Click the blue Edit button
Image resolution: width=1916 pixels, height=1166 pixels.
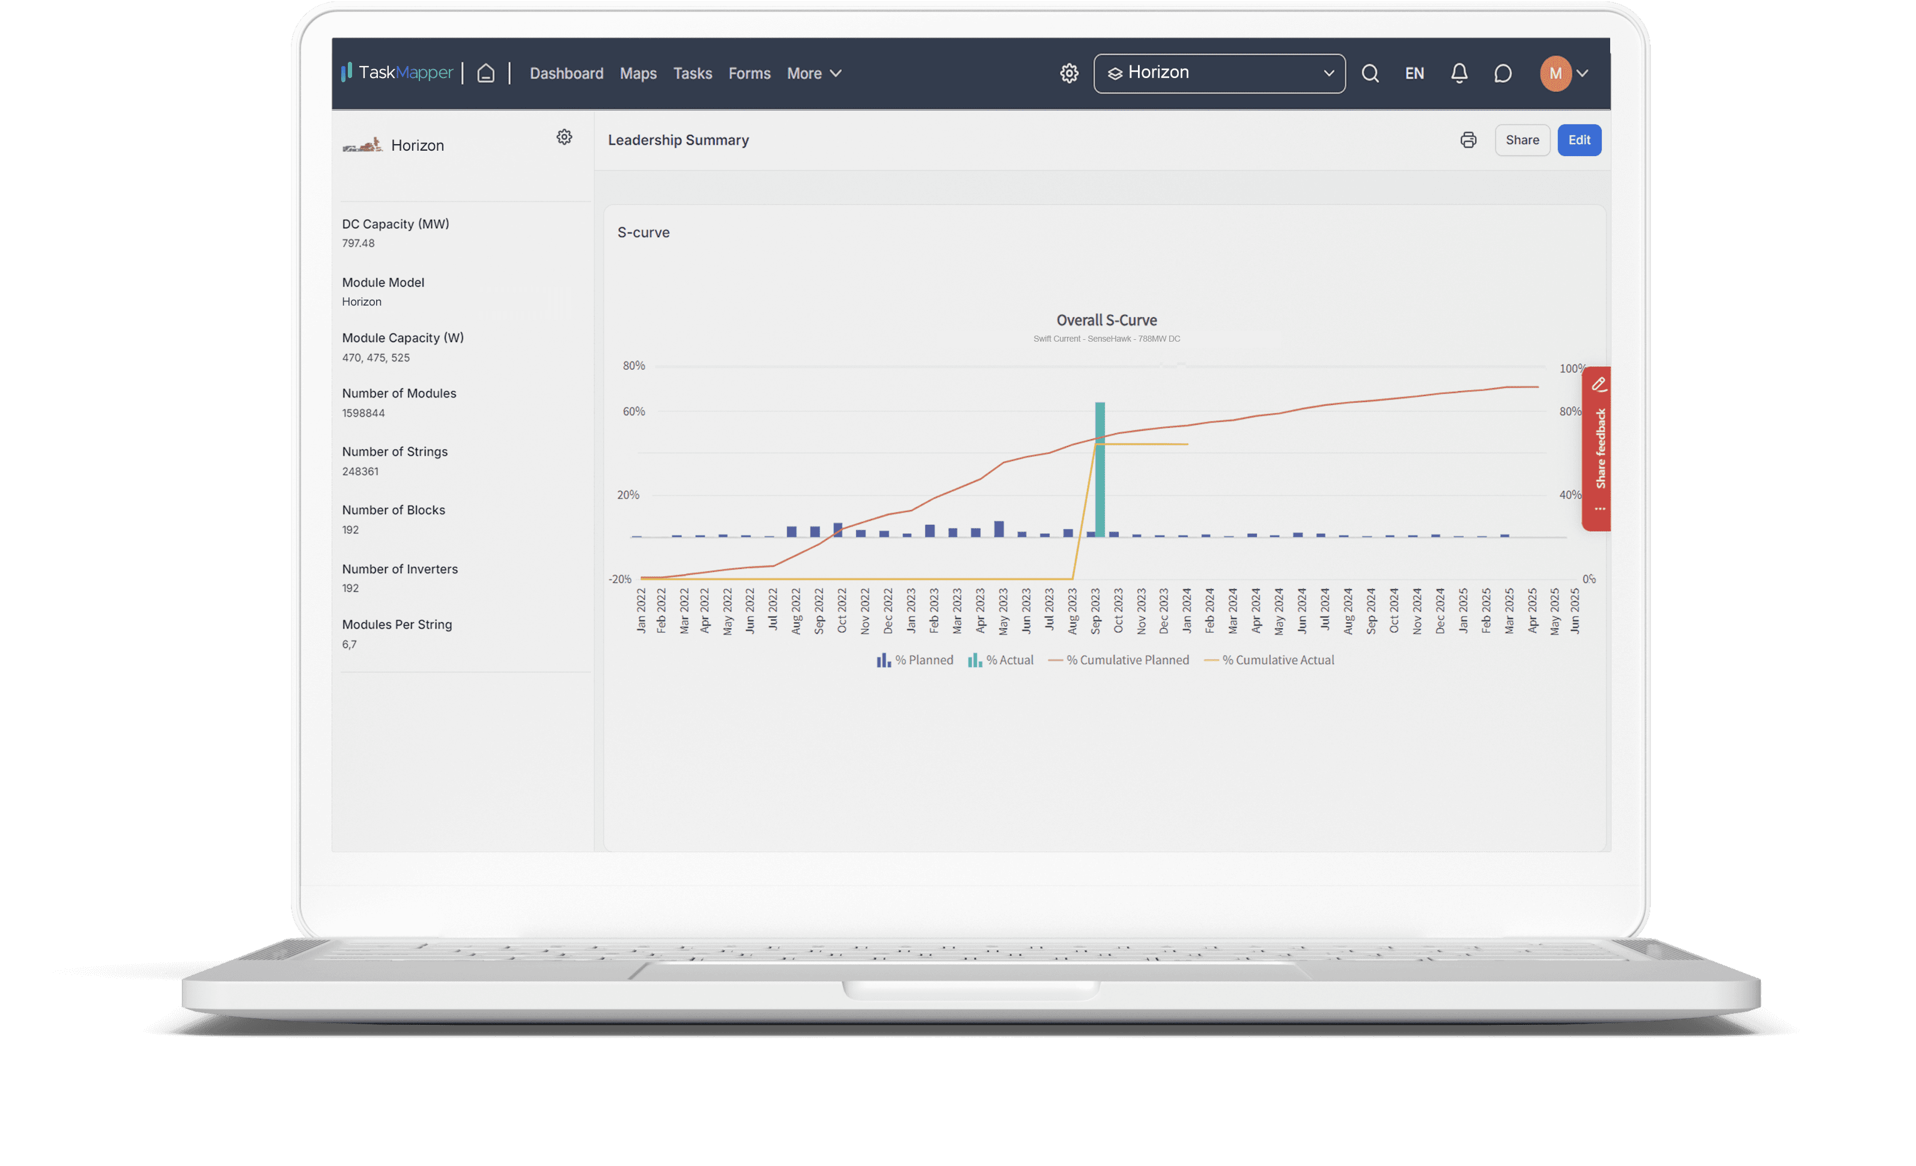pos(1578,140)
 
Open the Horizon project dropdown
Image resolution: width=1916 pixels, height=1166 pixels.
pos(1218,73)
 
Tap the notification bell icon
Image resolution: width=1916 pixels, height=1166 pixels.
pos(1459,73)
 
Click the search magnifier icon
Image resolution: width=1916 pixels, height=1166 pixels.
pos(1370,73)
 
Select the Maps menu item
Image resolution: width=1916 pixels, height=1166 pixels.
pos(637,73)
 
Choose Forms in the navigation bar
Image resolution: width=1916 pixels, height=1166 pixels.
pos(749,73)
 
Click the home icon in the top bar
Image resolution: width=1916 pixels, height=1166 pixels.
pos(486,73)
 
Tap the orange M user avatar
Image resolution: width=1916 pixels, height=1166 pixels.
pos(1555,73)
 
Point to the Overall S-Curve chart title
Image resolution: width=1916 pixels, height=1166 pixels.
pos(1106,320)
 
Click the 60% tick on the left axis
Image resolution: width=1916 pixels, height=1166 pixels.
pos(634,411)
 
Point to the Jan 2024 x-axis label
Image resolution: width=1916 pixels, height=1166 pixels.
pos(1187,611)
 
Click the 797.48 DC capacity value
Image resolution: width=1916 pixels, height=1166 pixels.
pos(359,243)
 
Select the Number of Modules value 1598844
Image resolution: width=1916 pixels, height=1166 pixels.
pos(363,412)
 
